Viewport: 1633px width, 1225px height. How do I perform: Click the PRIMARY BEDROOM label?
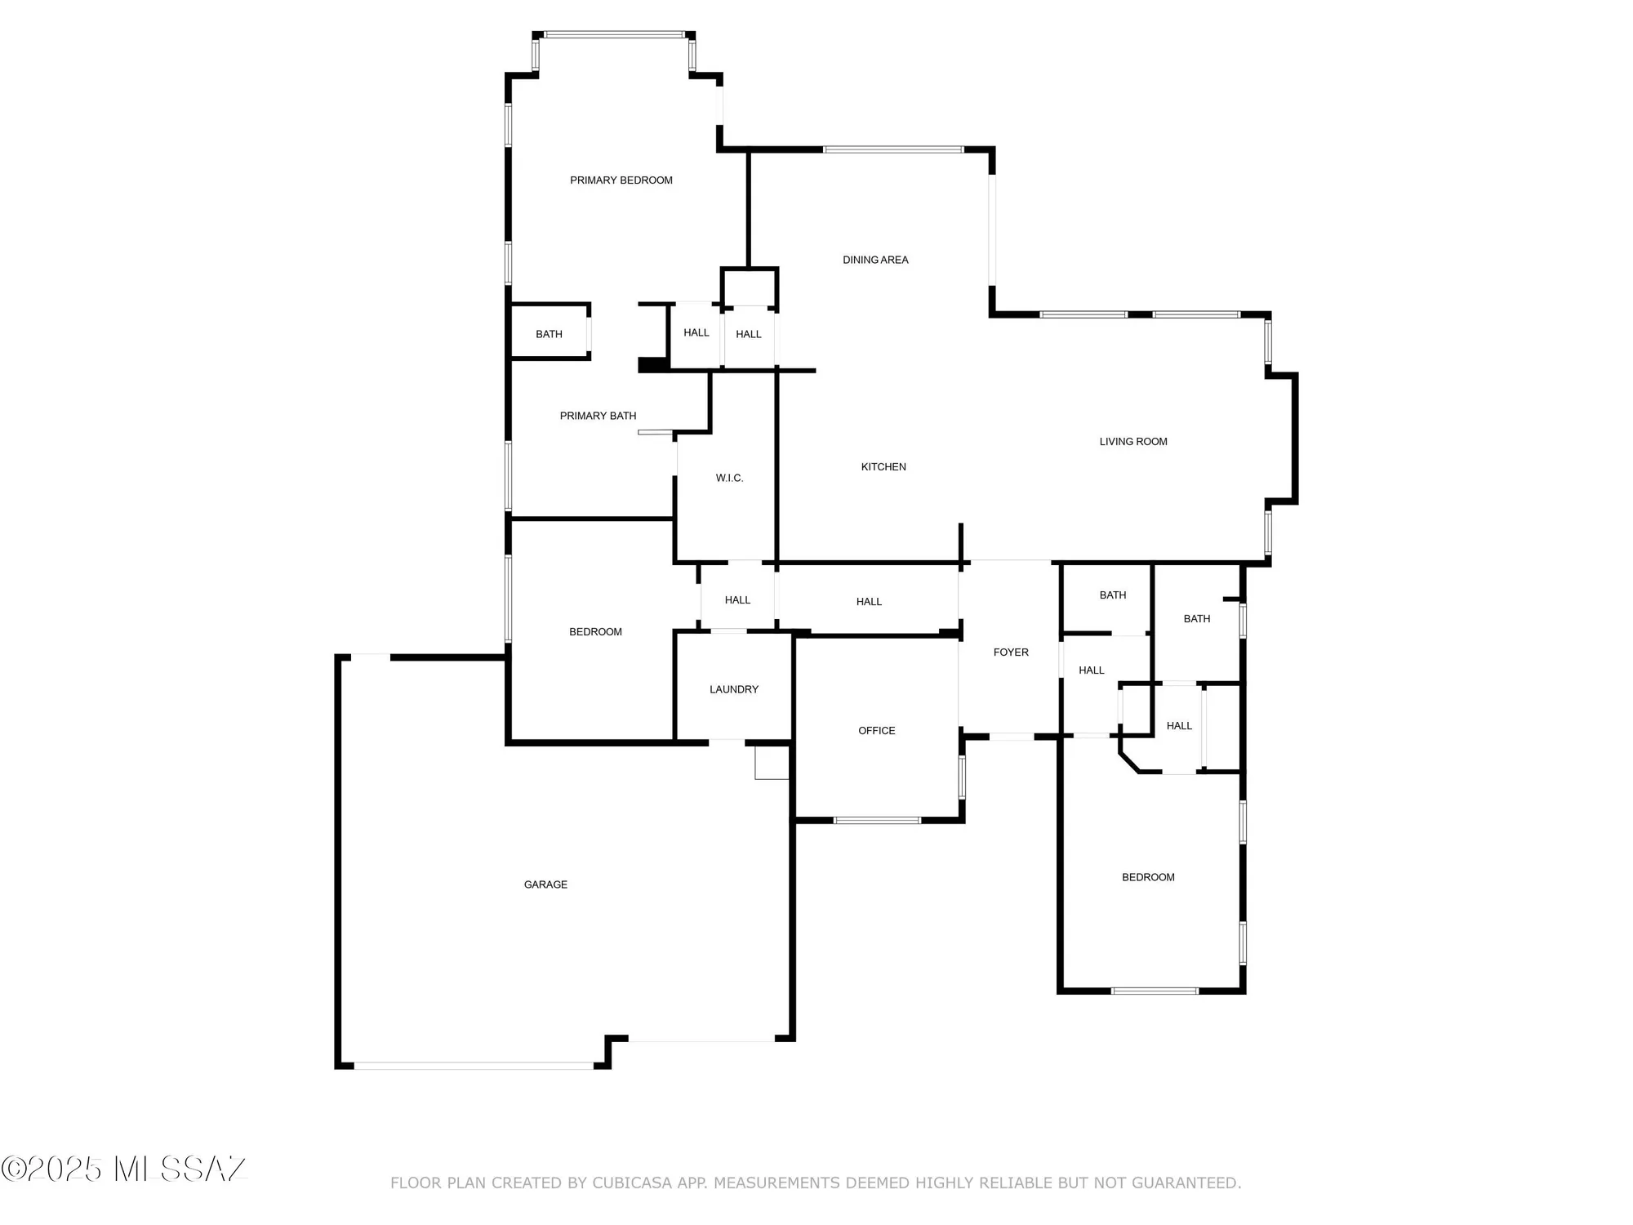click(621, 180)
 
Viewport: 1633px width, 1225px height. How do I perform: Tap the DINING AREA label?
click(875, 260)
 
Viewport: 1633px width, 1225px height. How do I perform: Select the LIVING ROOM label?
click(1133, 442)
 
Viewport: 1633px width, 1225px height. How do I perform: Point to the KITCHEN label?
click(883, 467)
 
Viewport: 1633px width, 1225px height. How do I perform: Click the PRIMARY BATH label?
click(598, 416)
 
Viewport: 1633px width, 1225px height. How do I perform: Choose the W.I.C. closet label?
click(729, 478)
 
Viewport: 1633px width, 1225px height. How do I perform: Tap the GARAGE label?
click(545, 884)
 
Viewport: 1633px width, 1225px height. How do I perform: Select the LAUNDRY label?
click(734, 689)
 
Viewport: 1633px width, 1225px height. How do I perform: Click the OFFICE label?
click(877, 731)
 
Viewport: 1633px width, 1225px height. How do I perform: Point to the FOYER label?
click(1011, 653)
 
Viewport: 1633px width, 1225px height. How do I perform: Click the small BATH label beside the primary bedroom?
click(549, 334)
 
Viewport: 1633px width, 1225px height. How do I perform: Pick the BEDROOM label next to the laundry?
click(595, 632)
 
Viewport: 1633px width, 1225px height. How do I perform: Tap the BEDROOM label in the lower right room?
click(1148, 877)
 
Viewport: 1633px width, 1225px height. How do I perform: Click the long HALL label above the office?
click(869, 602)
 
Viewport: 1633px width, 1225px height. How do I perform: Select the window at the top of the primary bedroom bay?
click(614, 35)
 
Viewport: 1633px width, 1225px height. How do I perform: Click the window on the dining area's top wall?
click(893, 149)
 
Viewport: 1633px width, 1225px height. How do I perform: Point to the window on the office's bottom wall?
click(877, 820)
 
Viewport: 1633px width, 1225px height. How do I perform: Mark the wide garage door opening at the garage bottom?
click(474, 1066)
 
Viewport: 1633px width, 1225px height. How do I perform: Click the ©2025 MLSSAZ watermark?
click(123, 1169)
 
